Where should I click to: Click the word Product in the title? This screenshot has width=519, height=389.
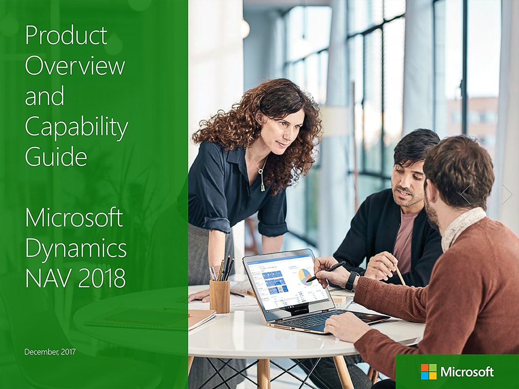pos(66,35)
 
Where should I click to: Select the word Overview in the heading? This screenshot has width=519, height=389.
pos(75,65)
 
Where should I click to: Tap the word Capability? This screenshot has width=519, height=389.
pos(76,127)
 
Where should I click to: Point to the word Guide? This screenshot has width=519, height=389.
pos(56,156)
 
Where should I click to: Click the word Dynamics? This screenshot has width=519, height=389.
pos(76,249)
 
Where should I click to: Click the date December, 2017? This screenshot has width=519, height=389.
pos(50,352)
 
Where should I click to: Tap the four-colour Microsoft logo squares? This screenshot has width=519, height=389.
pos(429,371)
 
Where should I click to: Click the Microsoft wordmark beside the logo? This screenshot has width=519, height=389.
pos(467,372)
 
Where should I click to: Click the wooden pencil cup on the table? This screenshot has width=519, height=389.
pos(220,296)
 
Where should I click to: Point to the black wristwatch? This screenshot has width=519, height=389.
pos(351,280)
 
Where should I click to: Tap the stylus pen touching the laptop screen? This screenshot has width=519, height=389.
pos(326,271)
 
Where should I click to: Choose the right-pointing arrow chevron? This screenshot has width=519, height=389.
pos(507,194)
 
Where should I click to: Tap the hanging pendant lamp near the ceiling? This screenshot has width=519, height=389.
pos(245,29)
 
